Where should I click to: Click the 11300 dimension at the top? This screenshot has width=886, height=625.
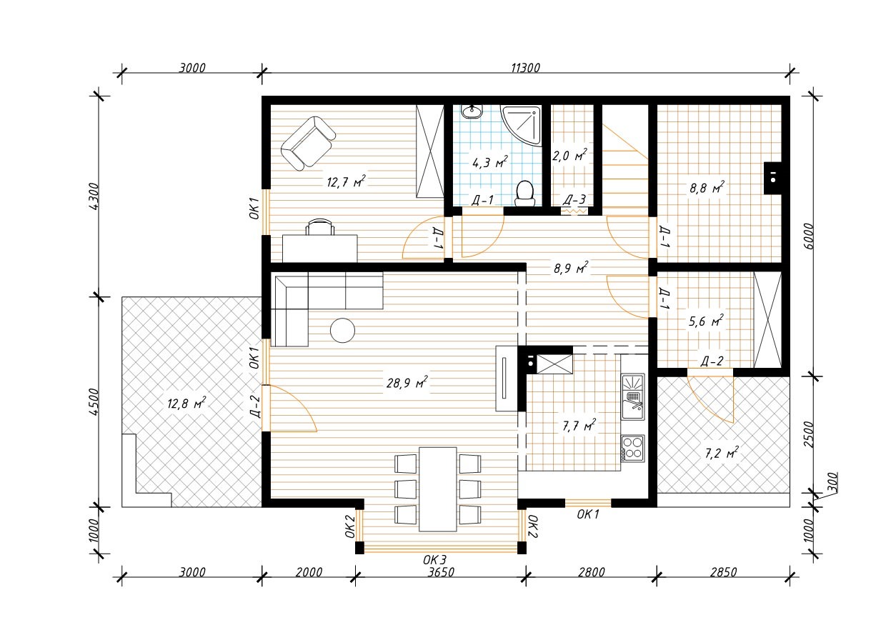pyautogui.click(x=525, y=68)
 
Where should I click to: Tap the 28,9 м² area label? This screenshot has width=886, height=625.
pyautogui.click(x=407, y=382)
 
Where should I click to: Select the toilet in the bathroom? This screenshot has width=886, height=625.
pyautogui.click(x=525, y=194)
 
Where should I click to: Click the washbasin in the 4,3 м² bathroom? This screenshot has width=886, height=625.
pyautogui.click(x=472, y=111)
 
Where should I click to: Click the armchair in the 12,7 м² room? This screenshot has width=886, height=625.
pyautogui.click(x=308, y=143)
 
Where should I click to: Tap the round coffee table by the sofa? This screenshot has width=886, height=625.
pyautogui.click(x=342, y=330)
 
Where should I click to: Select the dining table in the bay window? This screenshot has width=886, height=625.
pyautogui.click(x=438, y=489)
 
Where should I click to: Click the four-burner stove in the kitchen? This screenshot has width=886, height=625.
pyautogui.click(x=633, y=448)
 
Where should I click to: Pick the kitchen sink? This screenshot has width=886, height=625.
pyautogui.click(x=633, y=397)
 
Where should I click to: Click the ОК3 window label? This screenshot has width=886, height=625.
pyautogui.click(x=434, y=560)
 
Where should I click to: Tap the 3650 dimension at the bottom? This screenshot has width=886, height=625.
pyautogui.click(x=441, y=572)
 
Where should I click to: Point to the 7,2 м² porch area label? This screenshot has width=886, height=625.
pyautogui.click(x=722, y=453)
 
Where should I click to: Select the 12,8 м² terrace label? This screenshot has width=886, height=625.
pyautogui.click(x=186, y=404)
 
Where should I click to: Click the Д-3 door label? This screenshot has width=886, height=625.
pyautogui.click(x=574, y=199)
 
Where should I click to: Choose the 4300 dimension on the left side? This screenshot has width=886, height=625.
pyautogui.click(x=94, y=196)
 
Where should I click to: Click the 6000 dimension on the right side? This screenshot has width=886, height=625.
pyautogui.click(x=809, y=236)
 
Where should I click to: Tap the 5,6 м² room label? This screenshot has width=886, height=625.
pyautogui.click(x=706, y=321)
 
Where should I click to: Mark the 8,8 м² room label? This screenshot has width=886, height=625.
pyautogui.click(x=707, y=187)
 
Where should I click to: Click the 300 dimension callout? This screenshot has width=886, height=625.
pyautogui.click(x=832, y=483)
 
